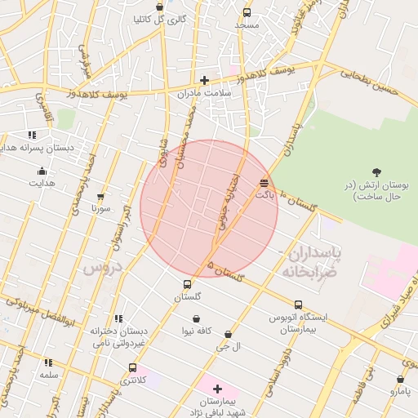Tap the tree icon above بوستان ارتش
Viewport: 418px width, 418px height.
tap(376, 171)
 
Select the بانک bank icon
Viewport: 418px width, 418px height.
tap(264, 183)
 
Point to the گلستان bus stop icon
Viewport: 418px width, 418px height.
tap(188, 285)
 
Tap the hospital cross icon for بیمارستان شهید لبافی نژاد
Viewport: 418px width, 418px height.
tap(217, 389)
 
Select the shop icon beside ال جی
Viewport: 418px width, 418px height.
tap(228, 335)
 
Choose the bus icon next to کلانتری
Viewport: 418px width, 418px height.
tap(132, 368)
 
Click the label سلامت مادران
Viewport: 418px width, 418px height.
tap(205, 93)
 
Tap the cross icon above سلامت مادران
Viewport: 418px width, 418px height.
tap(204, 80)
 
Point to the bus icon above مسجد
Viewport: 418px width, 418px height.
tap(247, 12)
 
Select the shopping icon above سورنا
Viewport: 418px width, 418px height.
tap(100, 198)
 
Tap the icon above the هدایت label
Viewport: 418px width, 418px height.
tap(42, 171)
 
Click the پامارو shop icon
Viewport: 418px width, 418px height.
tap(400, 380)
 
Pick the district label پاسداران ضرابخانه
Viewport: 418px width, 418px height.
tap(314, 261)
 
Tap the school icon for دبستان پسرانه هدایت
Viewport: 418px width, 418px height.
tap(32, 135)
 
